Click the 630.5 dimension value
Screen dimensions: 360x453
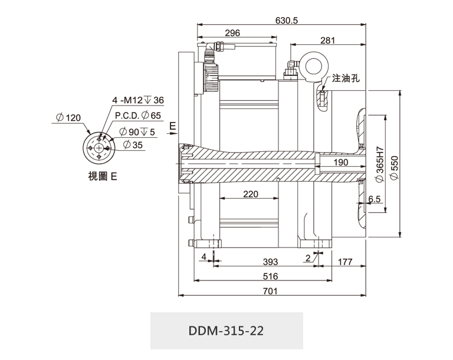(x=287, y=20)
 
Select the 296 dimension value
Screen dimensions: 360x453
(x=232, y=34)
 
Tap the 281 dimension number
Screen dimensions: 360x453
(x=328, y=41)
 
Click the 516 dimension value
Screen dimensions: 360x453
(x=270, y=276)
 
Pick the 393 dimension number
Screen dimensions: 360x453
(x=270, y=261)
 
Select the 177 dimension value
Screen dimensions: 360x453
(x=346, y=261)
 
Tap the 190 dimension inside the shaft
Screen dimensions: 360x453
(x=341, y=163)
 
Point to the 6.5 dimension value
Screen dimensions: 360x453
(x=374, y=200)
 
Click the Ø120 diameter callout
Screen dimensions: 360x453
(x=68, y=118)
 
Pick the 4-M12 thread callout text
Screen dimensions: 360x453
(x=138, y=100)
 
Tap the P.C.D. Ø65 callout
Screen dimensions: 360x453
(x=137, y=116)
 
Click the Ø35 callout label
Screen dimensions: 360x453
(x=133, y=145)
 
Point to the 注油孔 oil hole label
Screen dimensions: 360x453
(x=346, y=78)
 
